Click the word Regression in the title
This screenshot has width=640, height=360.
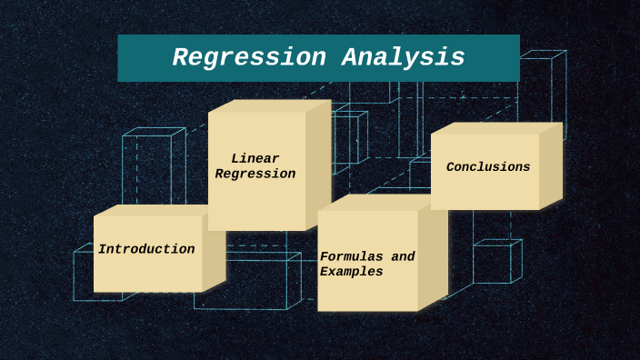pos(249,58)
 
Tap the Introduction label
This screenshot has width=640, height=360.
pos(146,249)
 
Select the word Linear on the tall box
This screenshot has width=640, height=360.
pos(255,159)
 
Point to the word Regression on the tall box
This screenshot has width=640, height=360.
pos(255,174)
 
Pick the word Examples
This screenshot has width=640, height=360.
pos(352,272)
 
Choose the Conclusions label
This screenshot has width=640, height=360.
pos(488,167)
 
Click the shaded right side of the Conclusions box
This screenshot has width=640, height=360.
pos(551,167)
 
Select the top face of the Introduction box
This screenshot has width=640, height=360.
pos(155,210)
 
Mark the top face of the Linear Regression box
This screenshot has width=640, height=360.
pos(268,105)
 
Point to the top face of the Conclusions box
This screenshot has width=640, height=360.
pos(495,128)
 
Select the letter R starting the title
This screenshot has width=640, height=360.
pos(180,58)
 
